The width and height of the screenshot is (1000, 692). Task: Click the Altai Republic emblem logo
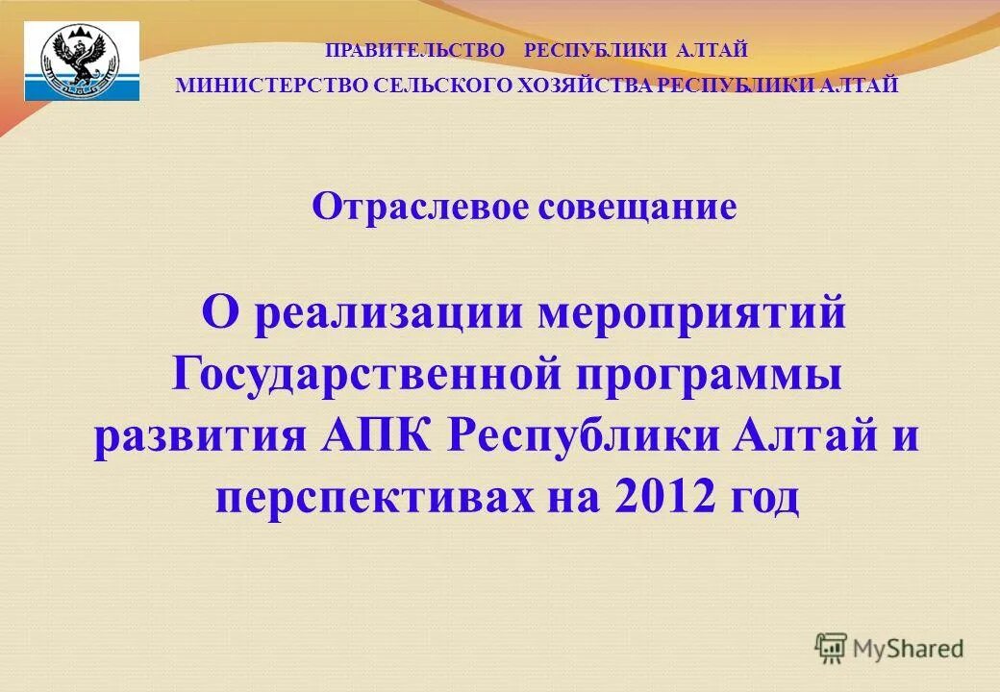click(x=82, y=61)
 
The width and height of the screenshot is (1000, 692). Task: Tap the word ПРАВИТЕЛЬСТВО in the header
click(x=415, y=50)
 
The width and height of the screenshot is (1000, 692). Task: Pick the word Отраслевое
click(x=418, y=207)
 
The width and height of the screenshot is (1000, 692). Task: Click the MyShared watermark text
click(x=908, y=649)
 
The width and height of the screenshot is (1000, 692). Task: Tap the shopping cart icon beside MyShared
click(x=831, y=648)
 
